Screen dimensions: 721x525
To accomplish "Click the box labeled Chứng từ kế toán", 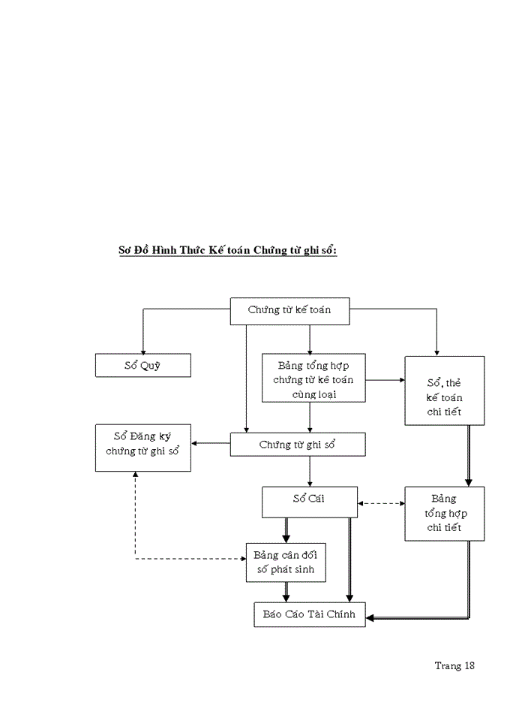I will click(x=289, y=310).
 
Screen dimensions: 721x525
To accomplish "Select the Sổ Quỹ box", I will click(x=143, y=366).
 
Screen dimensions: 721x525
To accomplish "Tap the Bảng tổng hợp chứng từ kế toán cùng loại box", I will click(x=313, y=379).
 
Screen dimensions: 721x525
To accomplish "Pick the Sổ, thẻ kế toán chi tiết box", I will click(x=444, y=391).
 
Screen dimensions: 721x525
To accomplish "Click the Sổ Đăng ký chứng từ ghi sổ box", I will click(x=143, y=448).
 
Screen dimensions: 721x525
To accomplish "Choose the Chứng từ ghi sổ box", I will click(x=297, y=445).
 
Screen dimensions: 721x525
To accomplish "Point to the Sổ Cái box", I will click(x=309, y=501).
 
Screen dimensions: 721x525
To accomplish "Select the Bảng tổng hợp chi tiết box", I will click(x=444, y=513).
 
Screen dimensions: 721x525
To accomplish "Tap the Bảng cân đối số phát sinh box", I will click(x=289, y=563).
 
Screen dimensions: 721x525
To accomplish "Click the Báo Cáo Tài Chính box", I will click(x=309, y=614).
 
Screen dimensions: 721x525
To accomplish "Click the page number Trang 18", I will click(x=454, y=665).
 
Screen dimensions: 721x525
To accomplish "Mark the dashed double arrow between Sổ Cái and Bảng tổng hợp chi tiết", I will click(x=381, y=503).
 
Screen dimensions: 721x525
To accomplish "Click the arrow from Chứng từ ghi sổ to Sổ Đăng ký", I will click(x=210, y=444).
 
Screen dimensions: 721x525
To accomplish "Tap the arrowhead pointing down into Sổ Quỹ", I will click(x=143, y=349).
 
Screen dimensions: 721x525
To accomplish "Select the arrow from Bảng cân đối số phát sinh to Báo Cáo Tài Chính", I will click(x=286, y=592).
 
